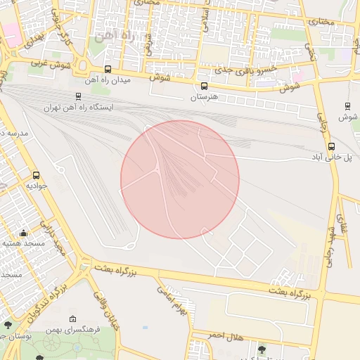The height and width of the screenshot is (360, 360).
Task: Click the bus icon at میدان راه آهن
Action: tap(108, 69)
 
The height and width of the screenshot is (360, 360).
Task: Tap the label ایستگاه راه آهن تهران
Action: tap(78, 108)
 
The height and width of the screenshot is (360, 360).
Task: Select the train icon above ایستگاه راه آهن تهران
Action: tap(77, 97)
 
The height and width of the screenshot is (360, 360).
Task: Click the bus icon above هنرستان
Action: tap(205, 86)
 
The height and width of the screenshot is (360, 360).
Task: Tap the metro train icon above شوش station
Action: tap(347, 106)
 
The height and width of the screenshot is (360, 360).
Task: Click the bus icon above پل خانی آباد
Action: tap(332, 146)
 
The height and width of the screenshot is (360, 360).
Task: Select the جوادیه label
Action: tap(36, 186)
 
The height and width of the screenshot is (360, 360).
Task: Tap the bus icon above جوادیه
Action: tap(36, 175)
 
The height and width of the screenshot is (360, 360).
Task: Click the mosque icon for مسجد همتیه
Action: tap(23, 233)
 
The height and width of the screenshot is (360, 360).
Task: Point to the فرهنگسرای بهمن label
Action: tap(72, 329)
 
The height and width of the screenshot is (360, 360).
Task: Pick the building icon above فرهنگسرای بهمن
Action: tap(72, 319)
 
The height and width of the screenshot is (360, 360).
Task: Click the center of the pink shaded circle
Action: tap(180, 179)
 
